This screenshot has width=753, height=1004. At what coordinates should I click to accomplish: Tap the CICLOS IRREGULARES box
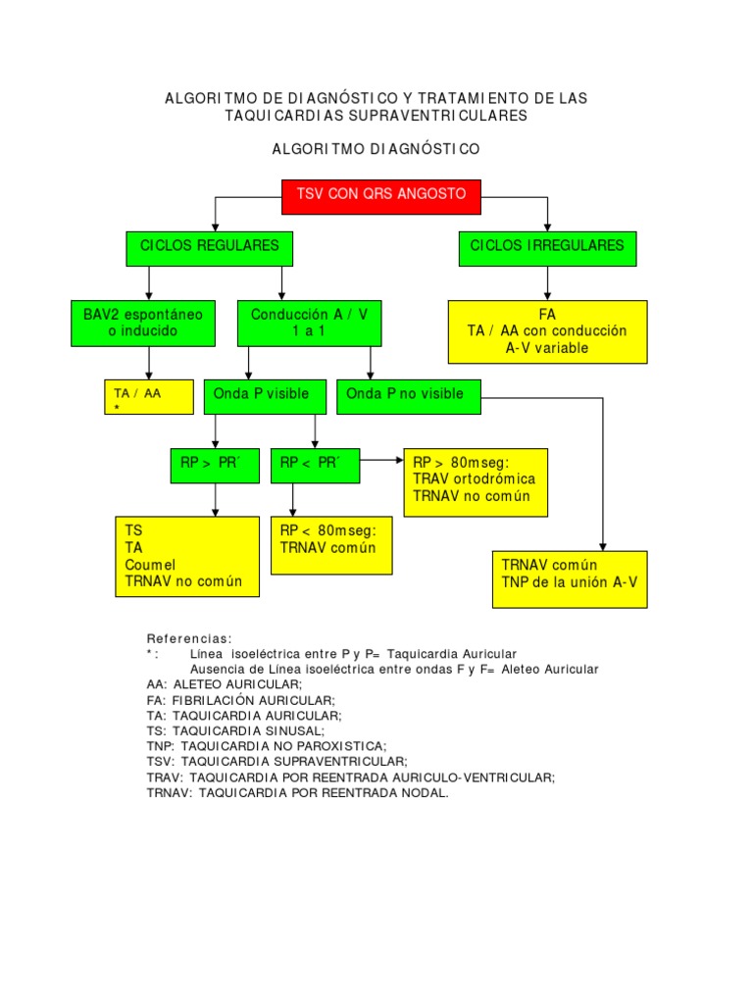click(547, 248)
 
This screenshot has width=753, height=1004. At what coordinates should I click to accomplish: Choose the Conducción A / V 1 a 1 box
click(310, 324)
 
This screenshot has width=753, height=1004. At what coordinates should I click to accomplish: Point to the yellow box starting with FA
click(547, 331)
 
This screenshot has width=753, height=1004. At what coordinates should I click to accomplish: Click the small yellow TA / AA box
click(148, 398)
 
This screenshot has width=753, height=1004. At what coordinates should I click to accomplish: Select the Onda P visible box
click(261, 396)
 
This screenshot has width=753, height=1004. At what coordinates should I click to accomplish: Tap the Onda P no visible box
click(409, 396)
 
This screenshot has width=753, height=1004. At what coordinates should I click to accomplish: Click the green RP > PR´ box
click(216, 465)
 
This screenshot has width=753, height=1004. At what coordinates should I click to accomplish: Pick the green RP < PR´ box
click(315, 465)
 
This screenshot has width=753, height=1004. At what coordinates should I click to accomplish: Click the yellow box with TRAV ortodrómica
click(476, 481)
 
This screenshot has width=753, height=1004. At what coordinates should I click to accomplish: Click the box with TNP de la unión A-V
click(569, 578)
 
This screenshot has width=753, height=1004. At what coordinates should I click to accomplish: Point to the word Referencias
click(189, 638)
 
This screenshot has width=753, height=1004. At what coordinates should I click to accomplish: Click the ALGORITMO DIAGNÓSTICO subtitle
click(376, 150)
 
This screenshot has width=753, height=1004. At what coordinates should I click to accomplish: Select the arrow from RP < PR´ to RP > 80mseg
click(381, 458)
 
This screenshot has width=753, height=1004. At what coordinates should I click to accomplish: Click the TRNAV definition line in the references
click(297, 793)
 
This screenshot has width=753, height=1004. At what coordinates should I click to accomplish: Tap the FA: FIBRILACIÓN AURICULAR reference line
click(240, 700)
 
